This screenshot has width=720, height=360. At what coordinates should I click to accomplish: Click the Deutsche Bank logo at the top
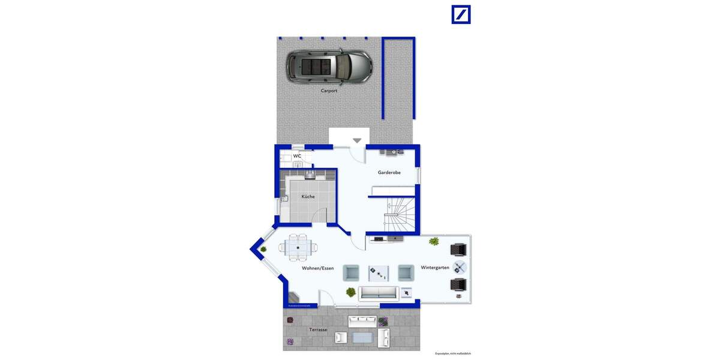pos(461,14)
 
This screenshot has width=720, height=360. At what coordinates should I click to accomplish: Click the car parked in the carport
pos(328,65)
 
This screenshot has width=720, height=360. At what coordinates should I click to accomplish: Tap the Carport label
pos(329,91)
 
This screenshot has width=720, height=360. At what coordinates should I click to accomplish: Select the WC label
pos(296,156)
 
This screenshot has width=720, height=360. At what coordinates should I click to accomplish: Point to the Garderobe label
pos(389,172)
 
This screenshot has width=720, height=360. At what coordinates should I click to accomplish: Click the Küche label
pos(308,196)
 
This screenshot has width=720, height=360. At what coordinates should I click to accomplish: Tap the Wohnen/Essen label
pos(317,268)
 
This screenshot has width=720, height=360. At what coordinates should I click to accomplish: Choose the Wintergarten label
pos(434,268)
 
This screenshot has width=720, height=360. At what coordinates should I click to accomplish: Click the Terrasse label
pos(318,330)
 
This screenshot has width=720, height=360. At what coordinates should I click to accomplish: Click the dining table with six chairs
pos(298,246)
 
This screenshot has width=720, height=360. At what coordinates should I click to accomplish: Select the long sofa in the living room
pos(378,293)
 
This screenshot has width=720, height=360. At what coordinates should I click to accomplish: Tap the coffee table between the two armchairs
pos(379,273)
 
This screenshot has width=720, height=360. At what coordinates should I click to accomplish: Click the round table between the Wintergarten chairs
pos(460,267)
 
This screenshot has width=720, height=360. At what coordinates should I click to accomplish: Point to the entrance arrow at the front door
pos(357,141)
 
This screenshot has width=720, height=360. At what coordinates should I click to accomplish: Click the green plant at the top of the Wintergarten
pos(433,241)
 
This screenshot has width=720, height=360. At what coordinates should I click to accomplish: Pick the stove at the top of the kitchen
pos(309,175)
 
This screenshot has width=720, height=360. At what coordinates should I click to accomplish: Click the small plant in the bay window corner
pos(263,249)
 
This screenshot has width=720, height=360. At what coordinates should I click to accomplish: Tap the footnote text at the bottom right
pos(452,354)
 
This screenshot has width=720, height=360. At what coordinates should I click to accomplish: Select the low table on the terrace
pos(362,338)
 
